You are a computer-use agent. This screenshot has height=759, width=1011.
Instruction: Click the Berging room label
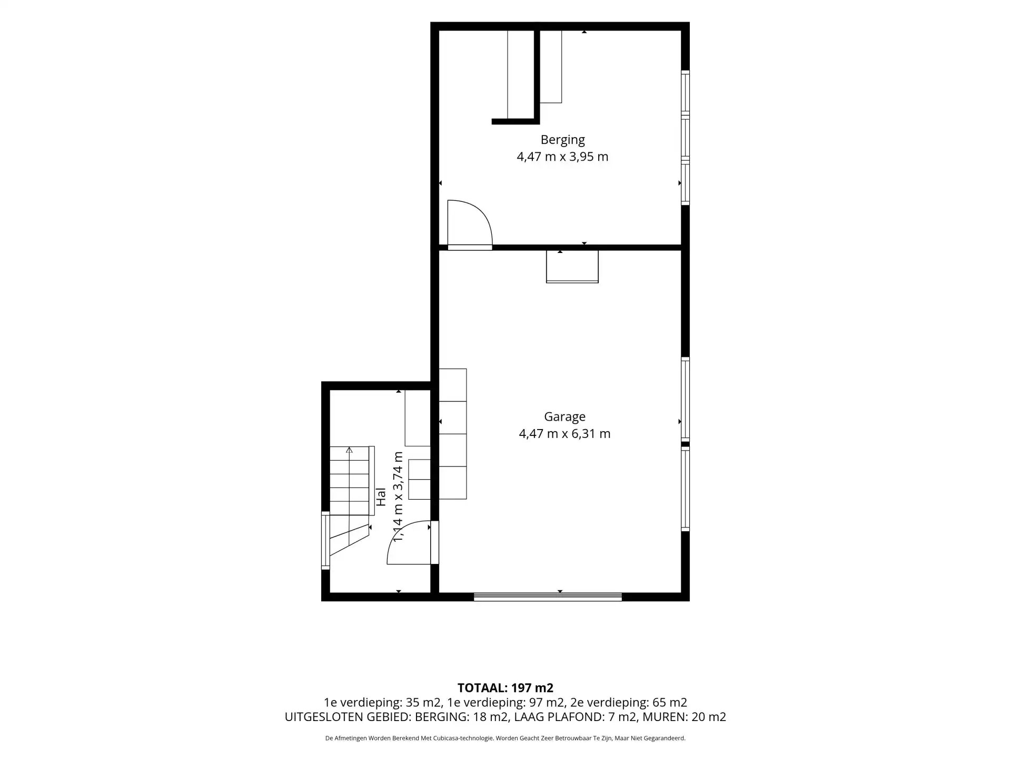coord(562,140)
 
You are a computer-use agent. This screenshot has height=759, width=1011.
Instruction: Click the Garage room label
coord(564,416)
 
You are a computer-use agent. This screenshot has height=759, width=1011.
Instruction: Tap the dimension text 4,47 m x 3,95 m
coord(562,157)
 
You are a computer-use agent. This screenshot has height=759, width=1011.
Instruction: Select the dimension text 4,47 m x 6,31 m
coord(564,434)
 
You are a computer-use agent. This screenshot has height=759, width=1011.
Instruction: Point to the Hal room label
coord(381,497)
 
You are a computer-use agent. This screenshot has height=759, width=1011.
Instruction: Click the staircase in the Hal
coord(349,501)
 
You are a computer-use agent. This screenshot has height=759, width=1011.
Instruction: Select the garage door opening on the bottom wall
coord(548,597)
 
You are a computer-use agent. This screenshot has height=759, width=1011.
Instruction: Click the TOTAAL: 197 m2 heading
coord(506,688)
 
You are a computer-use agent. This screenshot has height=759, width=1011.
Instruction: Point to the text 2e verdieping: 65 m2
coord(629,703)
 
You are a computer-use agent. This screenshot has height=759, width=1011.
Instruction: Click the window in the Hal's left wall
coord(325,540)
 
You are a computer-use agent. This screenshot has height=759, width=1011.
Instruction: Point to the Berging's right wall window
coord(685,138)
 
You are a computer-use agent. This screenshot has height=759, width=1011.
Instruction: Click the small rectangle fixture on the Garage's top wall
coord(572,266)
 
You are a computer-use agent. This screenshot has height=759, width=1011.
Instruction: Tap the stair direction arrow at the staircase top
coord(349,450)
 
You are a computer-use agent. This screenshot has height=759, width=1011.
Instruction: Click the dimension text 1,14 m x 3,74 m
coord(398,497)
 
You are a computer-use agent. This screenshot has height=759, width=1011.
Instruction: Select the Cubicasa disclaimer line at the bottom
coord(506,738)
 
